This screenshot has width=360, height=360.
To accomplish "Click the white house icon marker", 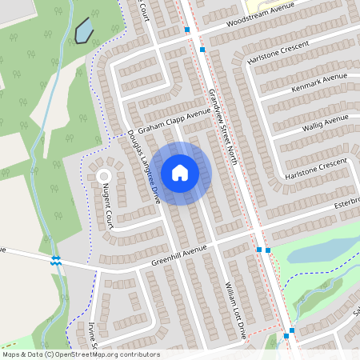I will point(180,173).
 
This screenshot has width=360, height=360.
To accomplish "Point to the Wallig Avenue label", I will point(325,120).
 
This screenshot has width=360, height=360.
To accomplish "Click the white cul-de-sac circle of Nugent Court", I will point(103,175).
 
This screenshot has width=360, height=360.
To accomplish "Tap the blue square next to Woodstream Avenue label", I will point(187,30).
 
